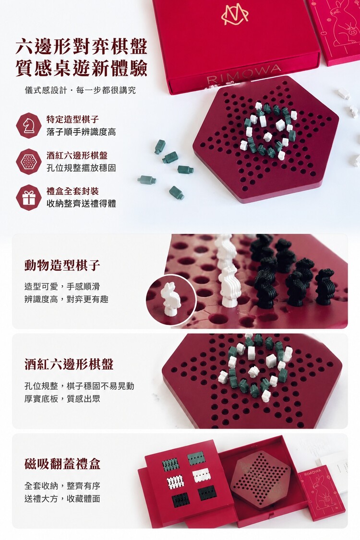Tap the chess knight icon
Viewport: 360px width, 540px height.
(29, 126)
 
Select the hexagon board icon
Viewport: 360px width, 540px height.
(29, 161)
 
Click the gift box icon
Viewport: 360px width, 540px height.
(29, 197)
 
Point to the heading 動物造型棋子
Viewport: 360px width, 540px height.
(62, 265)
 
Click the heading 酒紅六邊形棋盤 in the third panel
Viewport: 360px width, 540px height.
(69, 364)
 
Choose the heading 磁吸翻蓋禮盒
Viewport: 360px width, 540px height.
(62, 464)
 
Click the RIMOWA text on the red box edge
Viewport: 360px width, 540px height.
(243, 74)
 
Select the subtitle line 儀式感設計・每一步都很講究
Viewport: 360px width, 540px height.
(80, 90)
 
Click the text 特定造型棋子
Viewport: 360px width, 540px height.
(72, 120)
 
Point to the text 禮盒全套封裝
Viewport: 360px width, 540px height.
(72, 191)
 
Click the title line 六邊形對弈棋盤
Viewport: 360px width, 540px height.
(82, 47)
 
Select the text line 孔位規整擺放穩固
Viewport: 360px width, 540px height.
(81, 168)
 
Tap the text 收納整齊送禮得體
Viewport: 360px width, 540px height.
(81, 204)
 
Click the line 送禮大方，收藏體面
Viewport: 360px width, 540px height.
(62, 498)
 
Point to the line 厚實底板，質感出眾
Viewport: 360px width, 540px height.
(62, 399)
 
